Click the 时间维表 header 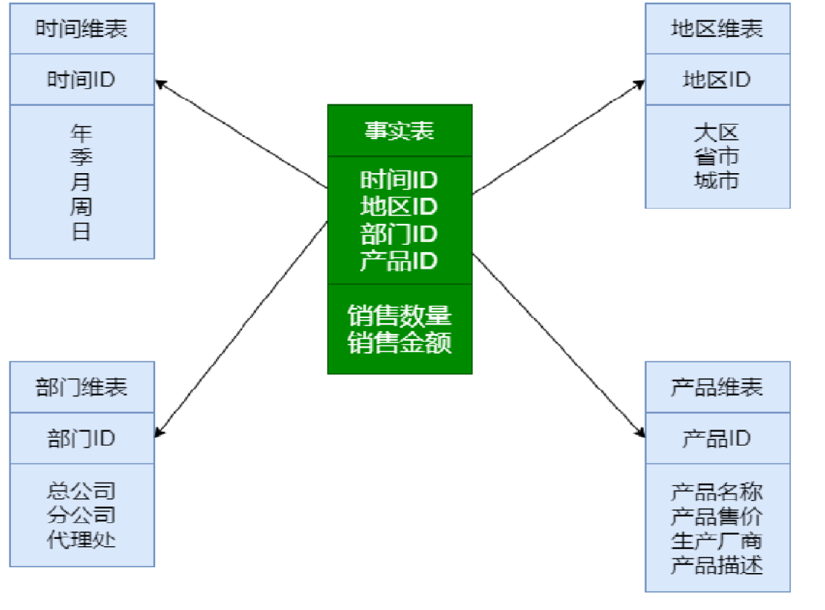[81, 29]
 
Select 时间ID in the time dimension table [81, 80]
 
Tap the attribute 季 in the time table [81, 157]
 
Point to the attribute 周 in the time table [81, 208]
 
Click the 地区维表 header [717, 29]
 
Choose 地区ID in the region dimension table [717, 80]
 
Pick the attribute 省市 [717, 156]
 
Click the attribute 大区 [717, 133]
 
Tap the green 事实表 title [399, 130]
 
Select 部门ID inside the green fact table [399, 234]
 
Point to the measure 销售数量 [399, 316]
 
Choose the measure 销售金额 [399, 342]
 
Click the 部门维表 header [81, 388]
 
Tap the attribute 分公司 [81, 516]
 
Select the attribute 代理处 [81, 540]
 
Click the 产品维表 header [717, 388]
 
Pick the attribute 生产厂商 [717, 540]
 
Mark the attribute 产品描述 [717, 565]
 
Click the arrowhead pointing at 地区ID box [639, 83]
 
